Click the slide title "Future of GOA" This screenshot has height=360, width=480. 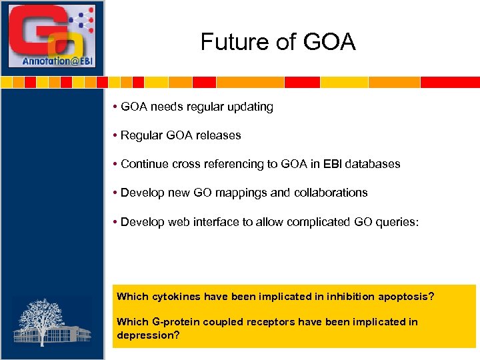[x=278, y=43]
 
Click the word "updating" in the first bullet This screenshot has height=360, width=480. [x=249, y=107]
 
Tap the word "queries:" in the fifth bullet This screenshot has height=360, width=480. [x=399, y=221]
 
